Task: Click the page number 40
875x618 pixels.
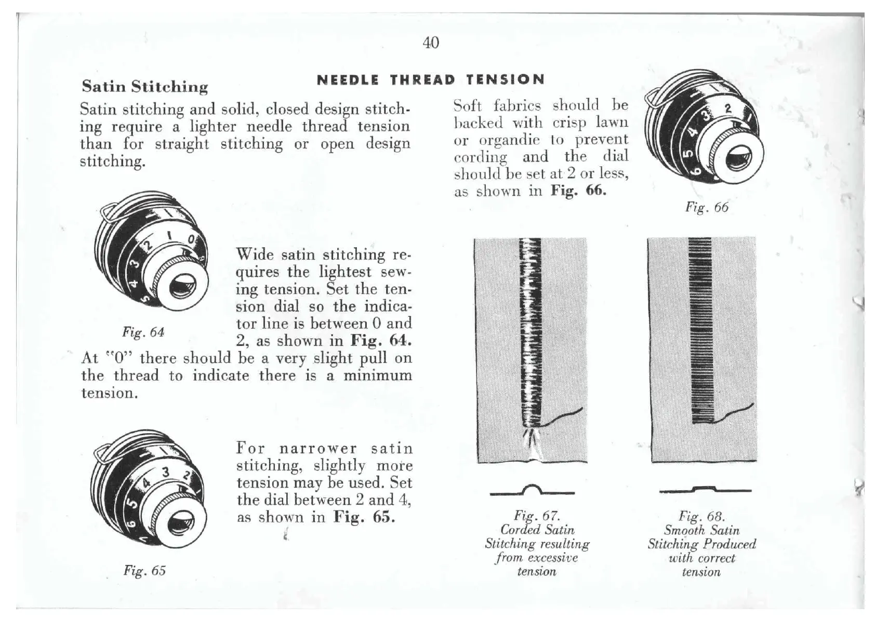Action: [431, 43]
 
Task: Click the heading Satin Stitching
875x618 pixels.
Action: [145, 86]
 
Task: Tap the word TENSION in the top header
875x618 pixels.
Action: [505, 80]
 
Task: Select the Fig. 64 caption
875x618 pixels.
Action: [143, 332]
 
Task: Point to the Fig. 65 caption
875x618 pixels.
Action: [144, 571]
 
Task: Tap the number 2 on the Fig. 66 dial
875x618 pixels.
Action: [728, 109]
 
